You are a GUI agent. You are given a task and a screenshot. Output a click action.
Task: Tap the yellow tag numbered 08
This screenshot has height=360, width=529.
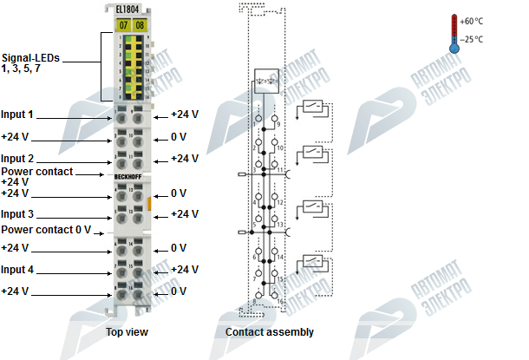pos(140,25)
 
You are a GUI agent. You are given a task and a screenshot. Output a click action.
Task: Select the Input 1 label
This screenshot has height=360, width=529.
pos(17,115)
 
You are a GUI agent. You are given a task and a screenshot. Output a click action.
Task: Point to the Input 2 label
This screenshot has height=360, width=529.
pos(17,159)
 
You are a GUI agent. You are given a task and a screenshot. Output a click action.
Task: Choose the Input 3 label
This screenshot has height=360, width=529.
pos(17,213)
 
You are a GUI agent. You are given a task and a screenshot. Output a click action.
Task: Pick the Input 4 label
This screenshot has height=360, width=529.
pos(17,269)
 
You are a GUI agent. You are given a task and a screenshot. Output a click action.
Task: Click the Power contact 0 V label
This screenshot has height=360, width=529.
pos(46,230)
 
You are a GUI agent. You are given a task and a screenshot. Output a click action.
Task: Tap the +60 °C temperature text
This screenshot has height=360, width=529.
pos(473,21)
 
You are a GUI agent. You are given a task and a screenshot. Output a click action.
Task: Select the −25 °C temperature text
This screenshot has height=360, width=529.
pos(473,39)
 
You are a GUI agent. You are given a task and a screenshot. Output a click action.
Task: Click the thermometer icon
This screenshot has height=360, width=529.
pos(454,33)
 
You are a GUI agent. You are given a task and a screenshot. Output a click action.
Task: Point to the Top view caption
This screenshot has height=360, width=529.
pos(127,332)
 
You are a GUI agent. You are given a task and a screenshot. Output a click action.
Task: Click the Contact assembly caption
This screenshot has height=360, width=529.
pos(270,332)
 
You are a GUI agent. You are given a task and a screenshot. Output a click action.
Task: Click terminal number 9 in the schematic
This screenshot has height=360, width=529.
pos(277,125)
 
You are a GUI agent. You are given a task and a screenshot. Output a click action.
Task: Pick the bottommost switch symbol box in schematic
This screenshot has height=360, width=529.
pos(313,263)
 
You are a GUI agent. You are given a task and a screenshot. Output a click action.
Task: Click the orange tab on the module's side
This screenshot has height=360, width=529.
pos(149,205)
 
